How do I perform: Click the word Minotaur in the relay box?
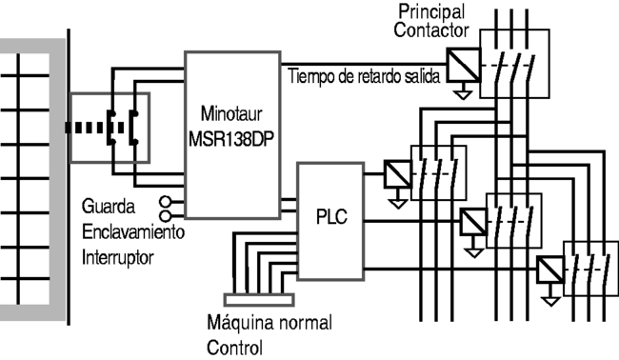(x=231, y=114)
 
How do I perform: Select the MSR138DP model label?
(x=231, y=139)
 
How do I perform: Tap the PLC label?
(x=331, y=217)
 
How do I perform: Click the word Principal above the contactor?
(x=431, y=11)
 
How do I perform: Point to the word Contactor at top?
(x=431, y=30)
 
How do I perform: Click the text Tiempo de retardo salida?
(x=364, y=76)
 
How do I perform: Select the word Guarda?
(x=109, y=207)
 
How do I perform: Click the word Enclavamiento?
(x=133, y=232)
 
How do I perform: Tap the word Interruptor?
(x=118, y=258)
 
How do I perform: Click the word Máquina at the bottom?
(x=240, y=323)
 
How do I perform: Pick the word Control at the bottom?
(x=234, y=348)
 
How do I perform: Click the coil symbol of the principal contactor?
(x=463, y=65)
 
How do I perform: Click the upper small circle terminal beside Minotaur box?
(x=166, y=202)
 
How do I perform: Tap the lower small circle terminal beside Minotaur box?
(x=166, y=216)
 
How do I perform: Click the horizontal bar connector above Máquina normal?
(x=259, y=300)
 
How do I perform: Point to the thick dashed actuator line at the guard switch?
(x=94, y=128)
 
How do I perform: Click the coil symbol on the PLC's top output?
(x=397, y=173)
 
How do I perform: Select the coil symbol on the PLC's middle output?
(x=473, y=222)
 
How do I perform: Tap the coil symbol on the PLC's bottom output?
(x=550, y=270)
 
